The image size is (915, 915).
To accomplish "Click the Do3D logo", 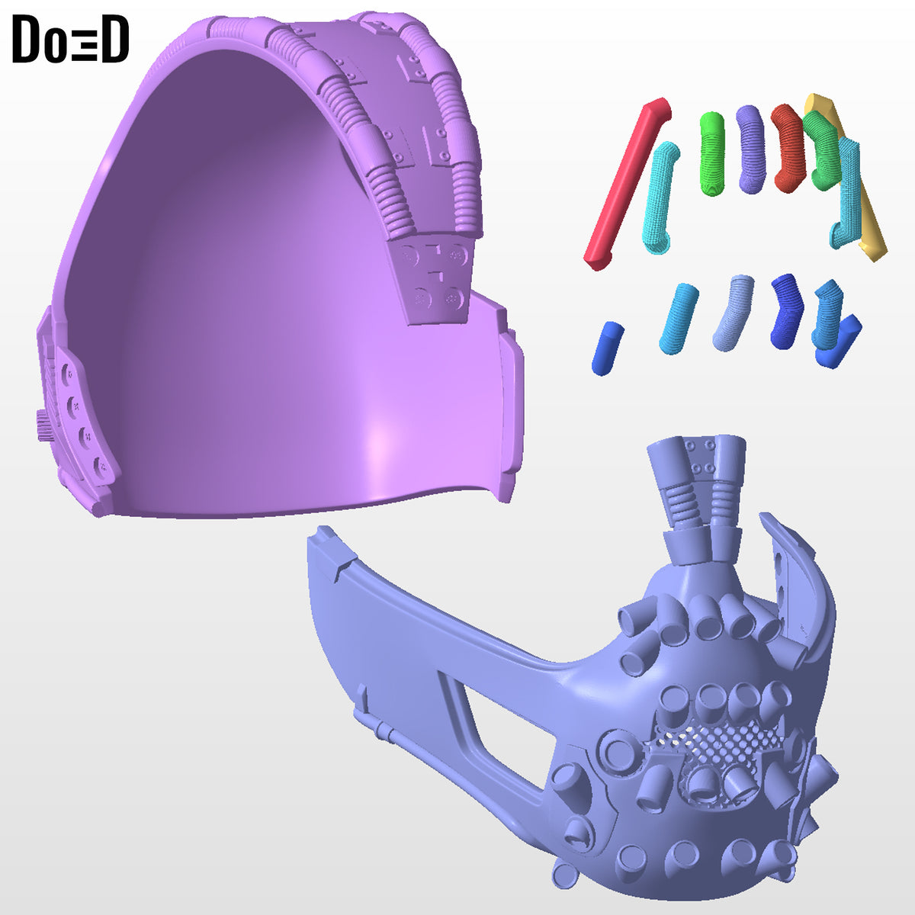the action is [x=70, y=39].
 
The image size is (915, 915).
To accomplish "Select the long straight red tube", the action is [x=627, y=185].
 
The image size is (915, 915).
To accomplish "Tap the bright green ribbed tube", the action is [x=712, y=153].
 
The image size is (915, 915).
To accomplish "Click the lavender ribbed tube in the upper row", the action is [x=750, y=149].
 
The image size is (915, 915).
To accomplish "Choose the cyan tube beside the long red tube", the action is [x=661, y=197].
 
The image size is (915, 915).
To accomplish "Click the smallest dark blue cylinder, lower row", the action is [x=606, y=348].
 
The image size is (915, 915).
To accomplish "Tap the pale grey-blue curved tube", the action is [x=733, y=313].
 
